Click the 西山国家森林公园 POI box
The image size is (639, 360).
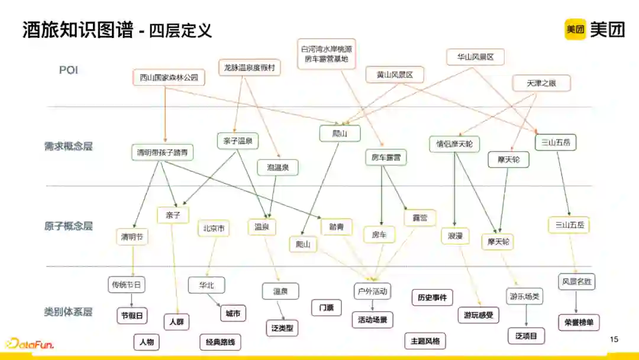click(x=169, y=78)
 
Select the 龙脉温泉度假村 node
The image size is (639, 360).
click(x=249, y=67)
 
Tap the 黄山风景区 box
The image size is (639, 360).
click(x=394, y=75)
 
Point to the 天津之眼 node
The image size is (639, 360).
click(x=541, y=83)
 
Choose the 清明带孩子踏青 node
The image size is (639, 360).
click(x=162, y=152)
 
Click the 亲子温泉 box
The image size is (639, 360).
click(x=238, y=141)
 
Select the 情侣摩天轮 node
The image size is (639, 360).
click(x=454, y=144)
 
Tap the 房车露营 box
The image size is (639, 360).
click(x=386, y=157)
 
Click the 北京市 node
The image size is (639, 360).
click(x=214, y=229)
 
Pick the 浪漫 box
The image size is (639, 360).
click(x=455, y=236)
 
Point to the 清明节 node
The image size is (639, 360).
click(x=132, y=237)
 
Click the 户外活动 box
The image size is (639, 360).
click(x=373, y=291)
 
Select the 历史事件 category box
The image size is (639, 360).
click(x=432, y=297)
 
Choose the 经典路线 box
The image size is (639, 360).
click(x=220, y=342)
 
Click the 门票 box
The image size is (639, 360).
click(x=326, y=308)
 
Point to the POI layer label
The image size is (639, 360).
click(x=69, y=70)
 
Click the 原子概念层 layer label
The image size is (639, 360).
click(x=69, y=226)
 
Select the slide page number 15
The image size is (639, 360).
click(x=614, y=339)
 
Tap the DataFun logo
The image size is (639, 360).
click(x=30, y=344)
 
